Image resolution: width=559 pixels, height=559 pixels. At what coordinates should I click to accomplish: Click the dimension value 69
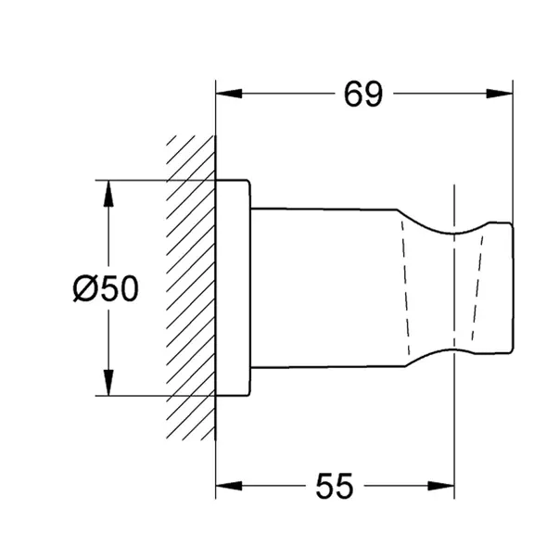point(362,94)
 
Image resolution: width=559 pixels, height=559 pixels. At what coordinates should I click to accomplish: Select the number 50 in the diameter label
point(118,289)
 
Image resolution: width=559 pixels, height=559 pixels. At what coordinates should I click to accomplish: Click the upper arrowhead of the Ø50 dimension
point(108,191)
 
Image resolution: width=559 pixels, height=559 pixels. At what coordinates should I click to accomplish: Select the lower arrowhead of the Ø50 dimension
point(108,384)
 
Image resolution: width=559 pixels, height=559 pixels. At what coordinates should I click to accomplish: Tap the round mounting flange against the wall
point(233,287)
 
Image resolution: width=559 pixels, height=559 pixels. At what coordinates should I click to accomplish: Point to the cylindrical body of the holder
point(324,287)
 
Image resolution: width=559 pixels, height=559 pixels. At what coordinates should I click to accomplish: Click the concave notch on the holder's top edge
point(454,230)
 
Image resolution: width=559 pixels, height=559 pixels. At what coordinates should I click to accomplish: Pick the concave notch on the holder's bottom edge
point(454,345)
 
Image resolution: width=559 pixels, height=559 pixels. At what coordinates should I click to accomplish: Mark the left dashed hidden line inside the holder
point(404,287)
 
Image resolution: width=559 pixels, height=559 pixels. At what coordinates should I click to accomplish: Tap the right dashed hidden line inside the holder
point(477,287)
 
